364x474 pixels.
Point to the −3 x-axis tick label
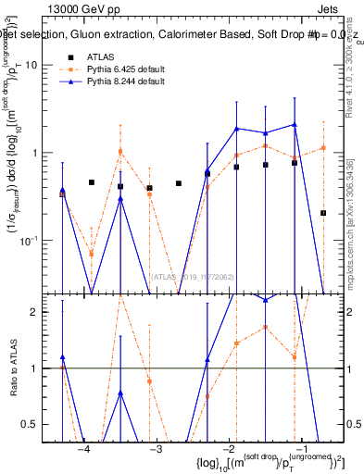click(156, 448)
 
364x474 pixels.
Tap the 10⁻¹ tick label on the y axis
click(41, 241)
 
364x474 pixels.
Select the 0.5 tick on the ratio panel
click(43, 424)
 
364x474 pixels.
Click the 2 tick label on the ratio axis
click(47, 312)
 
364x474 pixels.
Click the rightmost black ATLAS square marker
click(323, 213)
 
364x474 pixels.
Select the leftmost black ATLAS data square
click(62, 193)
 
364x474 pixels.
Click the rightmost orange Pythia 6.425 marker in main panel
click(323, 147)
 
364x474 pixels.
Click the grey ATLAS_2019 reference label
click(184, 277)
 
